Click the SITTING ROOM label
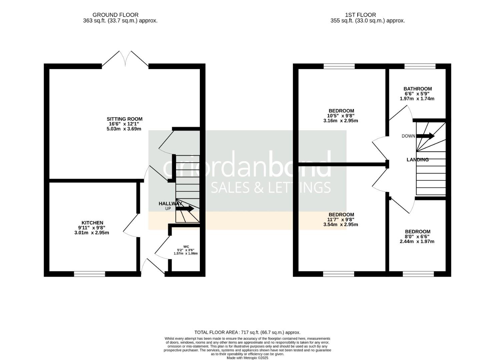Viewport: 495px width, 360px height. (x=124, y=119)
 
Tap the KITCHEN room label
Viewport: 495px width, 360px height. (x=92, y=223)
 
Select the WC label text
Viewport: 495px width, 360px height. (x=186, y=246)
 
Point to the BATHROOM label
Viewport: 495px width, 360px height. (x=417, y=89)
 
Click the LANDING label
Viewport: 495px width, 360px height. (x=417, y=160)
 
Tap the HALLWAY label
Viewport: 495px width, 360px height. (x=170, y=204)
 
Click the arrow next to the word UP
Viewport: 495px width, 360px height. (x=185, y=208)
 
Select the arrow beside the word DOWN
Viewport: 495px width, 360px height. (x=425, y=136)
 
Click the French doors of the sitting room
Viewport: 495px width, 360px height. (x=125, y=59)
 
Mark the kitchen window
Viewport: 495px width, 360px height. (x=89, y=274)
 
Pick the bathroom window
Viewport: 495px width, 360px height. (x=420, y=66)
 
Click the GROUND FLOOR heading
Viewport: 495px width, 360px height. (x=115, y=15)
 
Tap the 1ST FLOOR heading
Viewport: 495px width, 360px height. (x=361, y=15)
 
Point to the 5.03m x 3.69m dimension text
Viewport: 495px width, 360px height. (x=124, y=129)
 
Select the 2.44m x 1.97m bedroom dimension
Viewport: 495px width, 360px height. (x=417, y=241)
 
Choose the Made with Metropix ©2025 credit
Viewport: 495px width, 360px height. (x=247, y=358)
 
